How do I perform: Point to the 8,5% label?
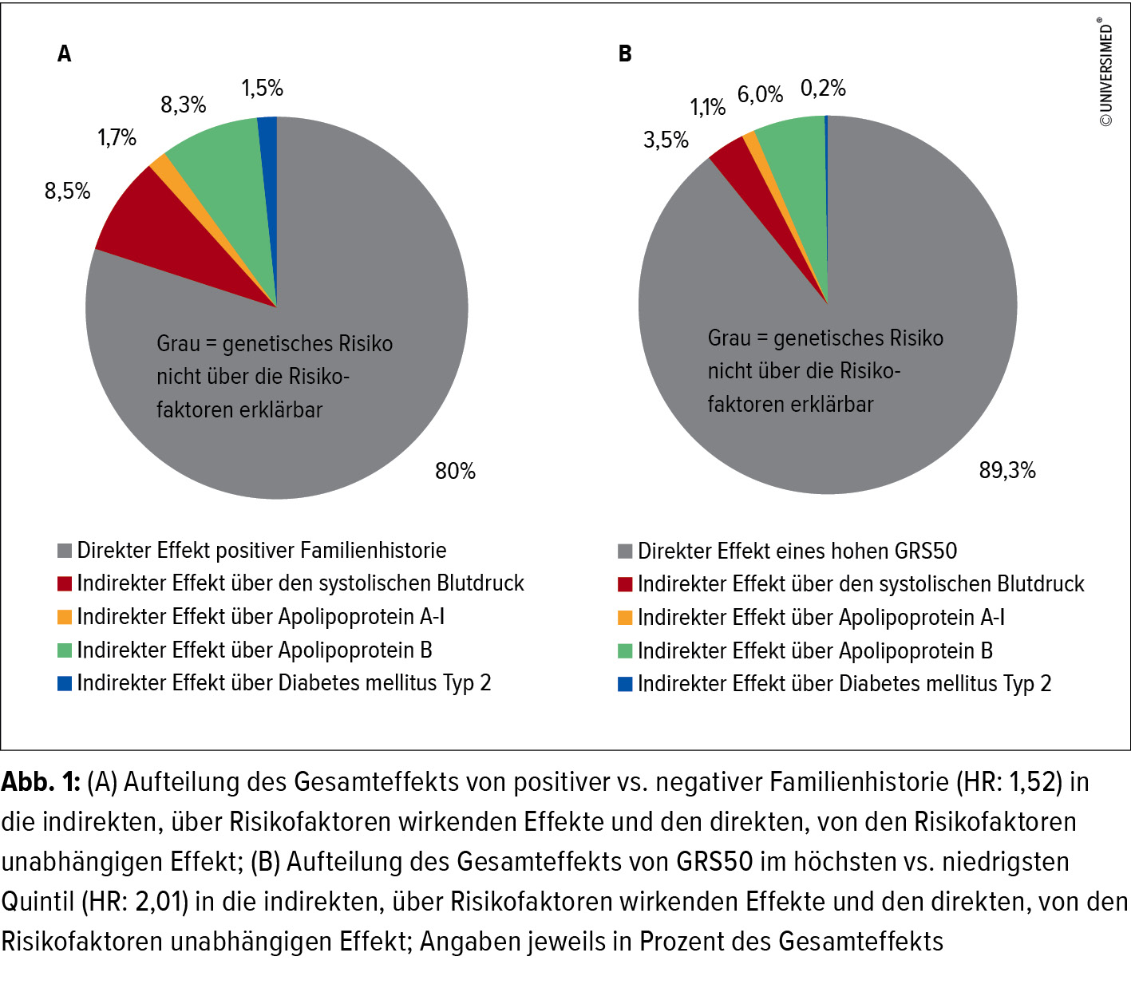67,191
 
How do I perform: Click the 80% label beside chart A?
455,471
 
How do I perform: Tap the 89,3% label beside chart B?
1007,470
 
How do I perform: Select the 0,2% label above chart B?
823,88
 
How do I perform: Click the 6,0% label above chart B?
760,94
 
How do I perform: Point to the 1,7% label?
117,137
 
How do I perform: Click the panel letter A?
65,53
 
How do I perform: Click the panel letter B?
625,53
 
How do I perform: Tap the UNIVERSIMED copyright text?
1106,72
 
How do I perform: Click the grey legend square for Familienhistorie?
65,551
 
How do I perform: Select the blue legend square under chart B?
625,684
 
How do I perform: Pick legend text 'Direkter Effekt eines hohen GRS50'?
797,551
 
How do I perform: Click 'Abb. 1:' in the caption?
41,781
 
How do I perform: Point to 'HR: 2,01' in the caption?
134,901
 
